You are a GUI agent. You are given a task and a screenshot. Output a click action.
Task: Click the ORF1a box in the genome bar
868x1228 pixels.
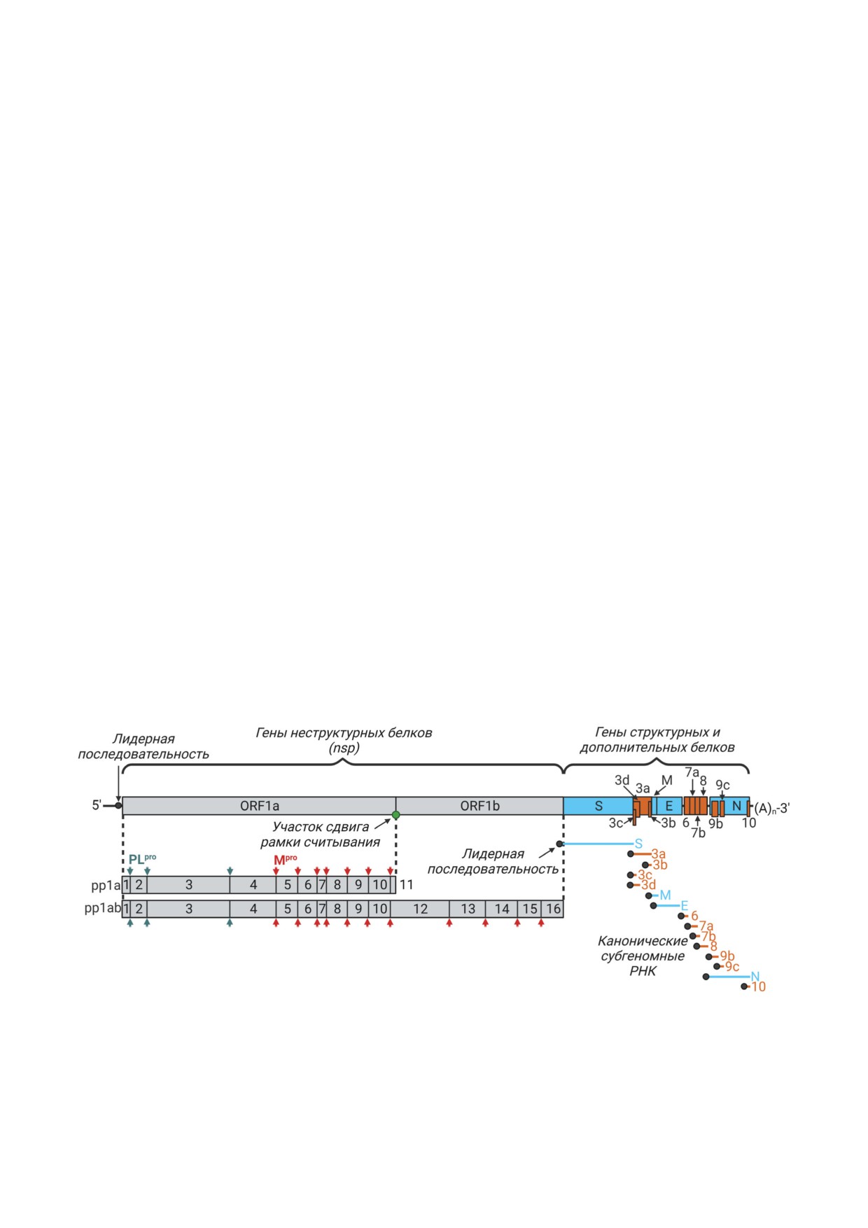259,806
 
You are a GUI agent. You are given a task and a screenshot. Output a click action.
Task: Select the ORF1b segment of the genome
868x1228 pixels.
479,806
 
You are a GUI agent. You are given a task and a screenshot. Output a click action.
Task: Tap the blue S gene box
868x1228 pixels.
598,806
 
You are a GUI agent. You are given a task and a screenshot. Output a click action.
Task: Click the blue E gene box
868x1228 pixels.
668,806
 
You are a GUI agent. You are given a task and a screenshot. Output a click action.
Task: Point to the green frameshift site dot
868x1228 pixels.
395,815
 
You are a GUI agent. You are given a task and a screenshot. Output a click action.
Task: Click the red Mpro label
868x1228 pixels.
285,860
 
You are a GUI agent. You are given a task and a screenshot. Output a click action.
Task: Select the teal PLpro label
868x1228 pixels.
142,859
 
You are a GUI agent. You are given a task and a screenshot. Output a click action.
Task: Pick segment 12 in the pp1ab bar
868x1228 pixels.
420,909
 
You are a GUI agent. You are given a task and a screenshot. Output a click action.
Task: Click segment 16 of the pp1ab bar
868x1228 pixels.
553,909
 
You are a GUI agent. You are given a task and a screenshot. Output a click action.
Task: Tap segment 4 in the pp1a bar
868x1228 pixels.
253,885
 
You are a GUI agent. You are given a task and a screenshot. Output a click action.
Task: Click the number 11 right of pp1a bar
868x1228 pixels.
406,885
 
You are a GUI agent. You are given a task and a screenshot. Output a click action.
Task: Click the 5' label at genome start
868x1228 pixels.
97,805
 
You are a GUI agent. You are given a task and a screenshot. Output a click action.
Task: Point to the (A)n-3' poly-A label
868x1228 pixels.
771,809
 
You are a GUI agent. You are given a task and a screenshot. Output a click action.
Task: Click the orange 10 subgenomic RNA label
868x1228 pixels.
758,986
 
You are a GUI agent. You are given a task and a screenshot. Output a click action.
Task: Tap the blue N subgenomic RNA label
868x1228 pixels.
755,977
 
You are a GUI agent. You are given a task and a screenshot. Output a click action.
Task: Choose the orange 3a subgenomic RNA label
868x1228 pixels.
658,854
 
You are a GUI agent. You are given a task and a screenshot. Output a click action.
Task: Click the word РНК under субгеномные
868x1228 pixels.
643,971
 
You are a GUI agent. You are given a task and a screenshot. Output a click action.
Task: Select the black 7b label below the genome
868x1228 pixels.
698,833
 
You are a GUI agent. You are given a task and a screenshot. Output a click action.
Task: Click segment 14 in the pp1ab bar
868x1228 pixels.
502,909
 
